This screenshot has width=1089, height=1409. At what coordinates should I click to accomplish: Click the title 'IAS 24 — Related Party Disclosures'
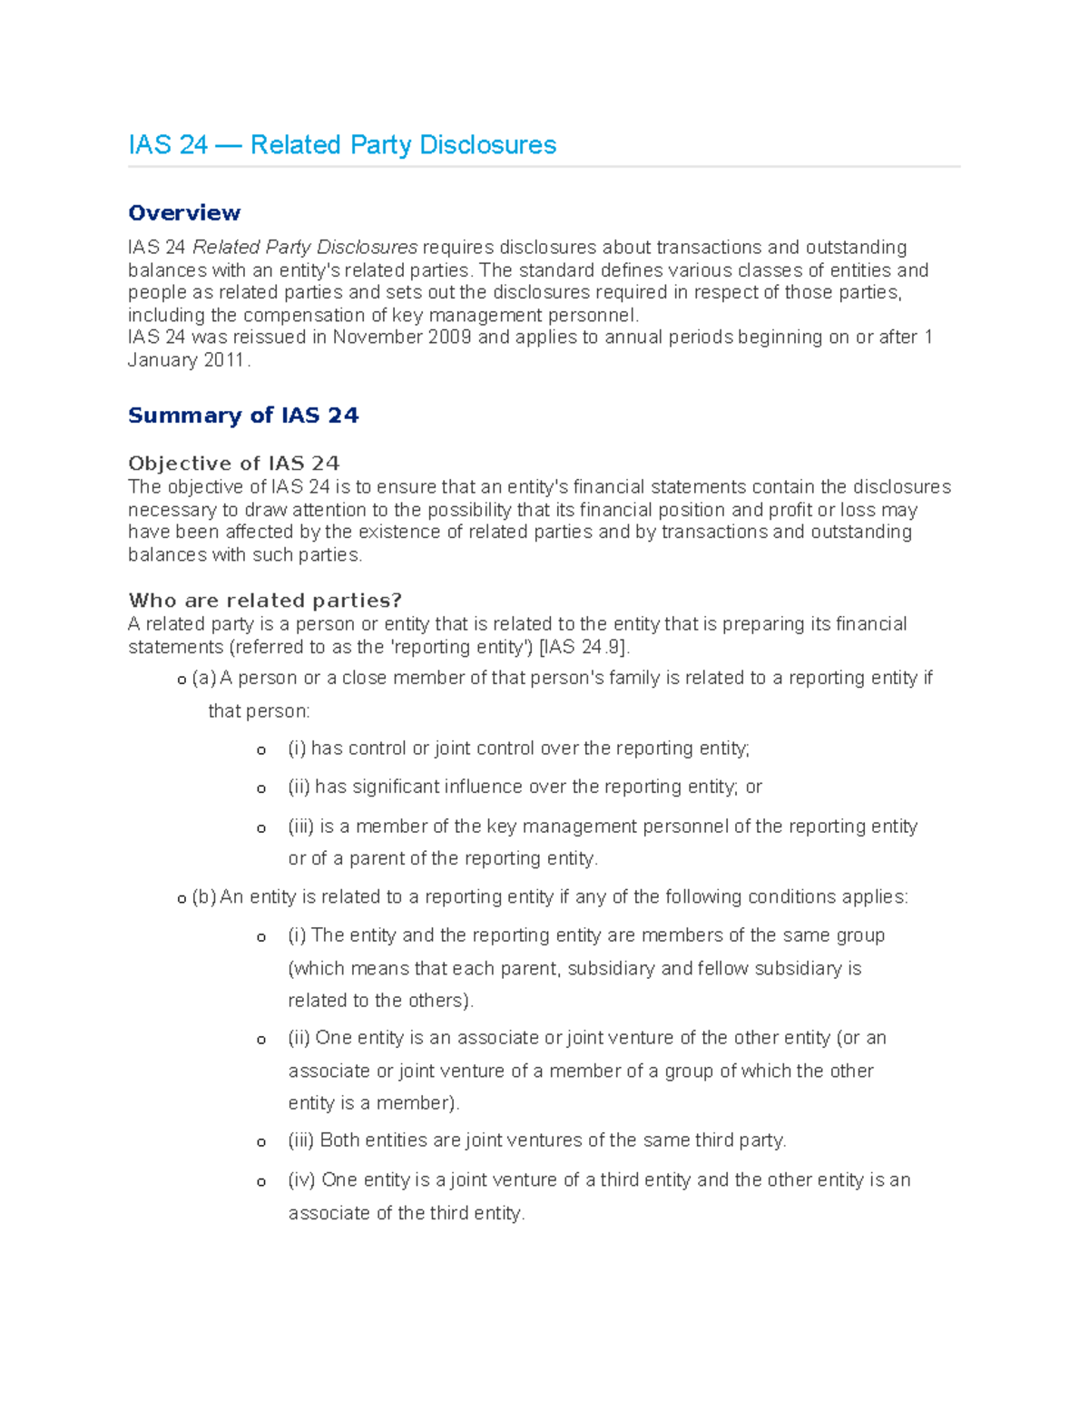pyautogui.click(x=342, y=145)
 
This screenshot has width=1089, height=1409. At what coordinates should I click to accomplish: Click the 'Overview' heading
pyautogui.click(x=184, y=213)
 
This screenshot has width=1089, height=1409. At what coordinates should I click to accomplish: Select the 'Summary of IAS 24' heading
pyautogui.click(x=243, y=416)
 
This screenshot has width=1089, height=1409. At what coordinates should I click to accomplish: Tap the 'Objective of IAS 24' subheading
pyautogui.click(x=234, y=463)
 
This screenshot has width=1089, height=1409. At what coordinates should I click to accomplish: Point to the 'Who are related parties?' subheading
pyautogui.click(x=265, y=601)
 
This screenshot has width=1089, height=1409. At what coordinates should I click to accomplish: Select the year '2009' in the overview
pyautogui.click(x=444, y=338)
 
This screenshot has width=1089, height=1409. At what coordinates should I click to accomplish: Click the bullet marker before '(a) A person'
pyautogui.click(x=181, y=680)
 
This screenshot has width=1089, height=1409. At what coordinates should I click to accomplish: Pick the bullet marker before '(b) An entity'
pyautogui.click(x=181, y=898)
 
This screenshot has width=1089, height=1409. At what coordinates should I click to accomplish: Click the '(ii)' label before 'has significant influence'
pyautogui.click(x=299, y=787)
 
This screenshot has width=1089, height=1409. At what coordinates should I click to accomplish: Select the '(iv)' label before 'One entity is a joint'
pyautogui.click(x=301, y=1180)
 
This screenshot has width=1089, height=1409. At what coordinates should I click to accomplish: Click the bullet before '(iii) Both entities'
pyautogui.click(x=261, y=1142)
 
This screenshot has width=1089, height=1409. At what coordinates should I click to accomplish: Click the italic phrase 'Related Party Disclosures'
pyautogui.click(x=305, y=248)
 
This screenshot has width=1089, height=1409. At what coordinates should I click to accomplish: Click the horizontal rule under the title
pyautogui.click(x=544, y=167)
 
